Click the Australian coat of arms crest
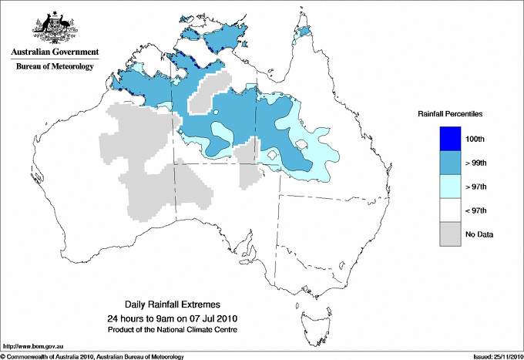point(54,27)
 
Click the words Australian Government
point(54,52)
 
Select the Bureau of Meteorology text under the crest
point(54,67)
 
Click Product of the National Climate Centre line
point(173,330)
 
